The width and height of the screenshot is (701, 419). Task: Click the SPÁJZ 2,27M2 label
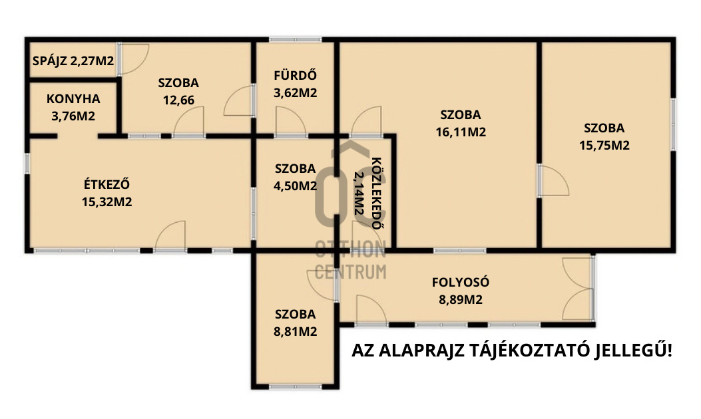73,61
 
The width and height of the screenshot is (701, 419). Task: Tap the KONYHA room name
73,98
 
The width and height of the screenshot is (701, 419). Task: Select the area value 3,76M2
73,116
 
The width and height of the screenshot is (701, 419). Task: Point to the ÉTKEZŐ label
107,184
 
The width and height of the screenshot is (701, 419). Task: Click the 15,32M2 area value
107,202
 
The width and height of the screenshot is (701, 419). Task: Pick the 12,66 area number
178,100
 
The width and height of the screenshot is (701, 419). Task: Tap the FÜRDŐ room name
295,75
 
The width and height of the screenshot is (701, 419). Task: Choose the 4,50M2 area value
295,186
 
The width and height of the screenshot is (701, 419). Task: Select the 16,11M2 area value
461,132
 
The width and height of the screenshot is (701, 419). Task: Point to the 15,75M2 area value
604,146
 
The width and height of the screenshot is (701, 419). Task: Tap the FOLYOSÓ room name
461,282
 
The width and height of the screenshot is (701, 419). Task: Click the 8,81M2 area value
295,331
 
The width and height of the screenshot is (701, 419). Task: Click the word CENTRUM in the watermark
350,271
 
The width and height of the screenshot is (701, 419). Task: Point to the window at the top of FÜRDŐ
295,40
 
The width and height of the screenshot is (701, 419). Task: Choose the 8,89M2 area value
461,300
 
